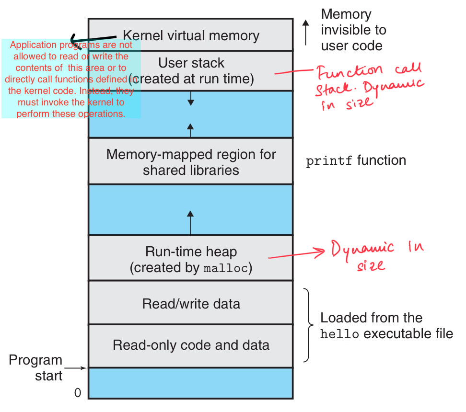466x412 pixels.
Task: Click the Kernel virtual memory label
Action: click(191, 35)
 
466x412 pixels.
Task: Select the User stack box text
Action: click(191, 70)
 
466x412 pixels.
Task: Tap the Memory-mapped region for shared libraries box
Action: click(191, 162)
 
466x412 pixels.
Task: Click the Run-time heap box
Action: click(191, 259)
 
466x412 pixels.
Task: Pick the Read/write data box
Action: click(191, 304)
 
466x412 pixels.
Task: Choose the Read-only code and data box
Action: click(191, 345)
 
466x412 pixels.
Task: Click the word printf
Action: click(329, 161)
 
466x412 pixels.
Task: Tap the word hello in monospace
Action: click(339, 334)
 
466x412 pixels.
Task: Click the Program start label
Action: click(35, 367)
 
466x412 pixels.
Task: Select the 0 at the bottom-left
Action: click(78, 393)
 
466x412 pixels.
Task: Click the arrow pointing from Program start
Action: click(76, 368)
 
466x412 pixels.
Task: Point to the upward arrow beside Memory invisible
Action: click(306, 33)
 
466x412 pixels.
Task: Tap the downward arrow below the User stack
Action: click(191, 98)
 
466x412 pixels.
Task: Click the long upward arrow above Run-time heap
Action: click(191, 223)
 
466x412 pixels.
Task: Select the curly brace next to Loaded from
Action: click(309, 325)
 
